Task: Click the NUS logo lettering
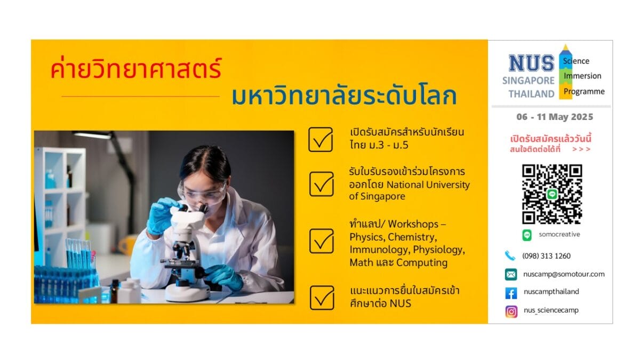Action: point(531,63)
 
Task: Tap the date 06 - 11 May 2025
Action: point(555,117)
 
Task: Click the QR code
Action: point(552,194)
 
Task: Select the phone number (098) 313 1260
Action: point(546,256)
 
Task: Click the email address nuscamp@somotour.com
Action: point(564,274)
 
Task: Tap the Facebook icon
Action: point(511,293)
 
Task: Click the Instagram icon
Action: point(511,311)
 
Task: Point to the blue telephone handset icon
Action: point(510,255)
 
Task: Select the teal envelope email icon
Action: point(511,275)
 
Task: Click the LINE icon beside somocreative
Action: point(527,235)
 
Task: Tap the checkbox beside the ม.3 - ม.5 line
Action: point(321,139)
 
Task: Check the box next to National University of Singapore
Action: point(322,184)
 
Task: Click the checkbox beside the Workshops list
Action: point(322,241)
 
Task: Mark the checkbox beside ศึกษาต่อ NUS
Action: point(322,298)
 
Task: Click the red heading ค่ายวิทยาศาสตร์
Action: point(137,68)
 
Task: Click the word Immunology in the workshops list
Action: point(380,250)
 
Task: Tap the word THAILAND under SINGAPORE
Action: point(531,94)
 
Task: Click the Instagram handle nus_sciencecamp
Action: point(551,310)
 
